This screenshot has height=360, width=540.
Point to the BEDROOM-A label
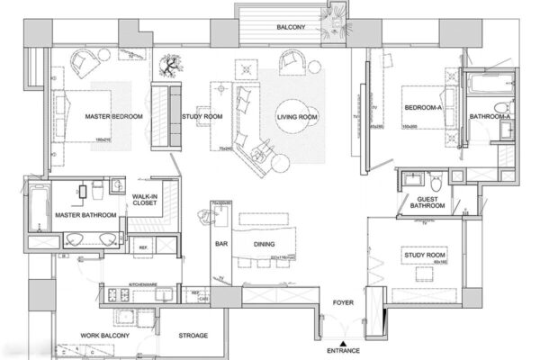(422, 108)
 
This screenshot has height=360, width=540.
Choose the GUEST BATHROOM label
(427, 202)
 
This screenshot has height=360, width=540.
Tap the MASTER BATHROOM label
(85, 216)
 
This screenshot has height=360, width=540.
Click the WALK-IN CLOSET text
(145, 200)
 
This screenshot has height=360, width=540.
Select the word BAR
(219, 243)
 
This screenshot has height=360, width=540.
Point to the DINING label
(263, 243)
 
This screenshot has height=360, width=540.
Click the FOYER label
(343, 303)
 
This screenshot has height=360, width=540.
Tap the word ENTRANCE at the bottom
(342, 349)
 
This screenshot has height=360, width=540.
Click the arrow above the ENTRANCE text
(342, 338)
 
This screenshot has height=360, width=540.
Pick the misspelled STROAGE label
(193, 336)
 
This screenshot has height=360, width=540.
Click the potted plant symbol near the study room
(168, 66)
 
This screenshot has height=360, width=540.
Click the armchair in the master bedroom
(87, 63)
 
